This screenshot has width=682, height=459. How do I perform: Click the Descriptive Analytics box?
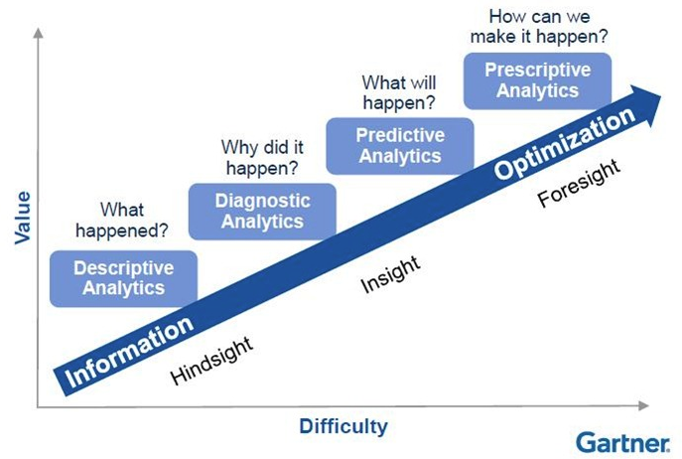(123, 279)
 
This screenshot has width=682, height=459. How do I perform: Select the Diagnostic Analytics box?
(262, 212)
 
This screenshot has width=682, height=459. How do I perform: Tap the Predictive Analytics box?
(400, 146)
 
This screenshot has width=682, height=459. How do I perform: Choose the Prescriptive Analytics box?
(538, 81)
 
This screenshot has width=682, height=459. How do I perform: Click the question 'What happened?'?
(122, 221)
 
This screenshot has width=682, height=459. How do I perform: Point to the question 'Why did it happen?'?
(262, 158)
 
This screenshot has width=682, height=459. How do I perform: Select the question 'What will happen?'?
(399, 92)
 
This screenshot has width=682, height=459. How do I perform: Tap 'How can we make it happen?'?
(539, 27)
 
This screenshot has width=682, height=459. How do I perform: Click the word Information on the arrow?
(129, 352)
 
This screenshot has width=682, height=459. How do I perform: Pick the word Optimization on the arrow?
(565, 144)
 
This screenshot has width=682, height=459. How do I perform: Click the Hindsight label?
(211, 361)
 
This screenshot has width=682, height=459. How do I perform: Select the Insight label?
(390, 275)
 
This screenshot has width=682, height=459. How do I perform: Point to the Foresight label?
(579, 184)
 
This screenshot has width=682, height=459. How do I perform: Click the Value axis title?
(23, 218)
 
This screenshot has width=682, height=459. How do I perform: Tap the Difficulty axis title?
(343, 426)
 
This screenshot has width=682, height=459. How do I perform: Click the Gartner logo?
(622, 443)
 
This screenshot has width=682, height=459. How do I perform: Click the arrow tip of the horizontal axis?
(648, 405)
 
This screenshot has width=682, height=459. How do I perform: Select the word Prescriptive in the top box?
(538, 71)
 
